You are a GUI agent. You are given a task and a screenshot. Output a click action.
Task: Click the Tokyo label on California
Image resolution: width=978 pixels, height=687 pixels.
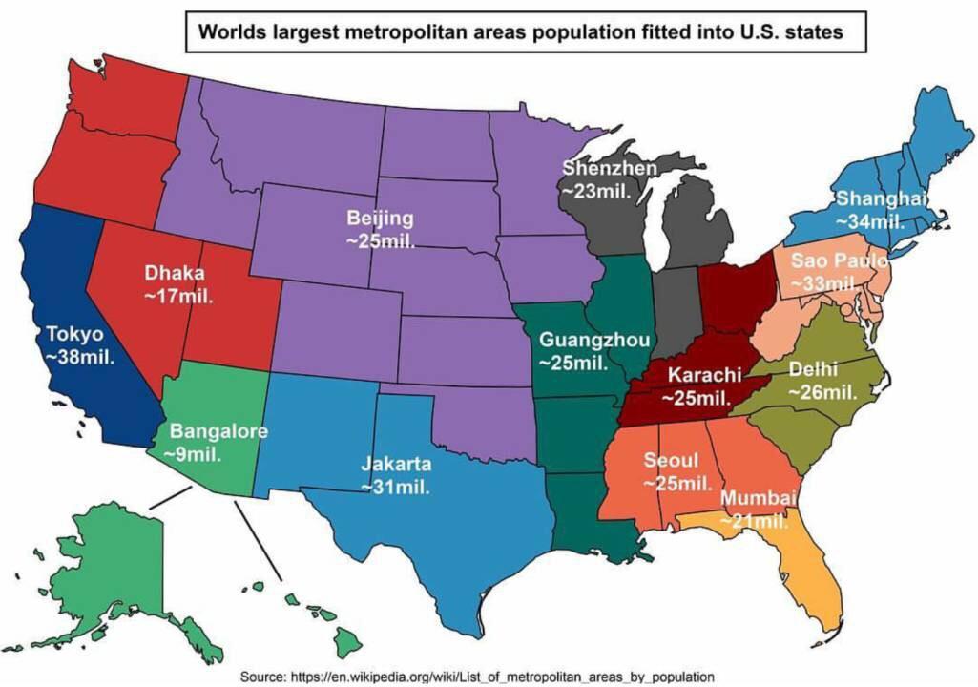pyautogui.click(x=72, y=335)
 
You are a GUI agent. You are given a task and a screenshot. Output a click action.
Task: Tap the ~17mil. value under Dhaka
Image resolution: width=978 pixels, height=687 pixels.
pyautogui.click(x=178, y=296)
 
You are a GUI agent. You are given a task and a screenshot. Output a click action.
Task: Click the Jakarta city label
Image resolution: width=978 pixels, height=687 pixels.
pyautogui.click(x=395, y=465)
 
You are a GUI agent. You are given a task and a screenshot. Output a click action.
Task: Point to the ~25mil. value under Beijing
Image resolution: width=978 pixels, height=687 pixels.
pyautogui.click(x=380, y=240)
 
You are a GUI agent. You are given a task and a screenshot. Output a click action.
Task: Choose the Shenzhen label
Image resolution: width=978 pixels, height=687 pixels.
pyautogui.click(x=609, y=169)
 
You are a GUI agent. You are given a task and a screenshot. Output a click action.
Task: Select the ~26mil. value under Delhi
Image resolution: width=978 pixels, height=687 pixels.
pyautogui.click(x=822, y=391)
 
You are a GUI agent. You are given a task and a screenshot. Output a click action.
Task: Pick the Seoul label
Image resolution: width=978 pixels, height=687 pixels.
pyautogui.click(x=664, y=461)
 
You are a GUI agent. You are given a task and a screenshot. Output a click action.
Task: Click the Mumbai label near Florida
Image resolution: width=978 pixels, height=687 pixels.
pyautogui.click(x=758, y=499)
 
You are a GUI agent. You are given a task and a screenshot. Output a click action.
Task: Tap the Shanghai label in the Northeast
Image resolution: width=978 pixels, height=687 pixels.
pyautogui.click(x=882, y=198)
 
